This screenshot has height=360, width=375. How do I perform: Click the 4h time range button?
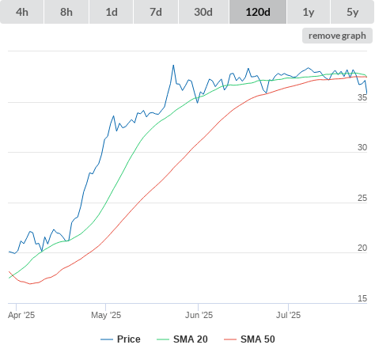22,12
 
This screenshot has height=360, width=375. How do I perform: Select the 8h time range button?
66,12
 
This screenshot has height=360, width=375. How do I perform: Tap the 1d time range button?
112,12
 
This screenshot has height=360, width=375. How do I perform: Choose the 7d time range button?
156,12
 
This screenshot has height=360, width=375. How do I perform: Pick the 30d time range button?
203,12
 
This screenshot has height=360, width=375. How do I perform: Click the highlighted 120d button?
258,12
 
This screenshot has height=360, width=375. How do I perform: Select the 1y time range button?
309,12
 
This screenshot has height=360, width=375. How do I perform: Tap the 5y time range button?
352,12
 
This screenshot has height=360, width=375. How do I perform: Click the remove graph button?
337,36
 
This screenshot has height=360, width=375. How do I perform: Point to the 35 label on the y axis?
362,97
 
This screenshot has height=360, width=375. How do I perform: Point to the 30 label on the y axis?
362,147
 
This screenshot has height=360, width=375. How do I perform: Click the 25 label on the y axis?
362,198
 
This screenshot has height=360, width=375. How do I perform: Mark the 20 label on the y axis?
362,248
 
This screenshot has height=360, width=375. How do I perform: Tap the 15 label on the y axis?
362,298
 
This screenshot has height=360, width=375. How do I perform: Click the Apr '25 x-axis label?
21,315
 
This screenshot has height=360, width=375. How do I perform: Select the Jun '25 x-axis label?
199,315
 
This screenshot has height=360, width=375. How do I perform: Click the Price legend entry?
120,339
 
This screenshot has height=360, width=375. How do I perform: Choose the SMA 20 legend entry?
182,339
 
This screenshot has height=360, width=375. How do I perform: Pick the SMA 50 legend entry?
249,339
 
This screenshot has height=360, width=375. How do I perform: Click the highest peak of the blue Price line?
173,65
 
